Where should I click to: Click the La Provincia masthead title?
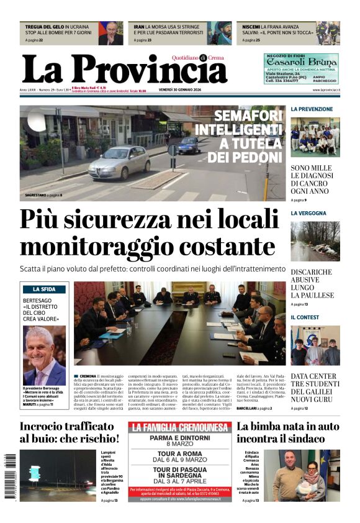pyautogui.click(x=124, y=68)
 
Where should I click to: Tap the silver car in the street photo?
pyautogui.click(x=119, y=163)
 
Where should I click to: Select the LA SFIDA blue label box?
pyautogui.click(x=44, y=289)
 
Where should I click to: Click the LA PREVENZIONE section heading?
pyautogui.click(x=312, y=109)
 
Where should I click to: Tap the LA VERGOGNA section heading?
pyautogui.click(x=308, y=213)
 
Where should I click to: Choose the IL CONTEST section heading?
pyautogui.click(x=305, y=317)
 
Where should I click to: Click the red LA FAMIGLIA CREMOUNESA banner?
pyautogui.click(x=180, y=427)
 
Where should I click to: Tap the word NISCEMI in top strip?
pyautogui.click(x=251, y=27)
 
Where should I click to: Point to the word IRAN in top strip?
pyautogui.click(x=140, y=27)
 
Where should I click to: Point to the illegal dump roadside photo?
pyautogui.click(x=315, y=241)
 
